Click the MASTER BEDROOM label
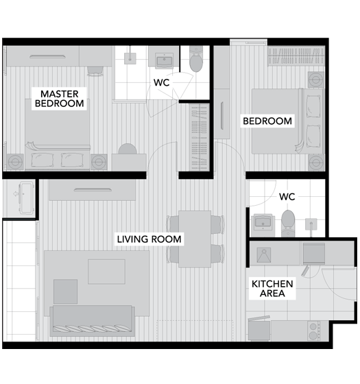click(59, 99)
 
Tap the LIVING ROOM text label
click(149, 239)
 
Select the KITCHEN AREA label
click(272, 289)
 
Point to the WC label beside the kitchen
click(287, 197)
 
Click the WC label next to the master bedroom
click(162, 82)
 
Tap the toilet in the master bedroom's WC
click(196, 59)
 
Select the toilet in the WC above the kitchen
click(288, 223)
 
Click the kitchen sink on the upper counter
click(264, 255)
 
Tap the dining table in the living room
click(195, 239)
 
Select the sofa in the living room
click(92, 321)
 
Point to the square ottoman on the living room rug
click(65, 291)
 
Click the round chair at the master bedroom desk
click(128, 149)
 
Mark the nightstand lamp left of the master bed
click(15, 162)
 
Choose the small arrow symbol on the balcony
click(16, 194)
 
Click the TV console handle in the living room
click(93, 189)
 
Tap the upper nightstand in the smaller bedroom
click(316, 80)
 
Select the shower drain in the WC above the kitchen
click(311, 224)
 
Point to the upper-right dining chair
click(217, 224)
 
